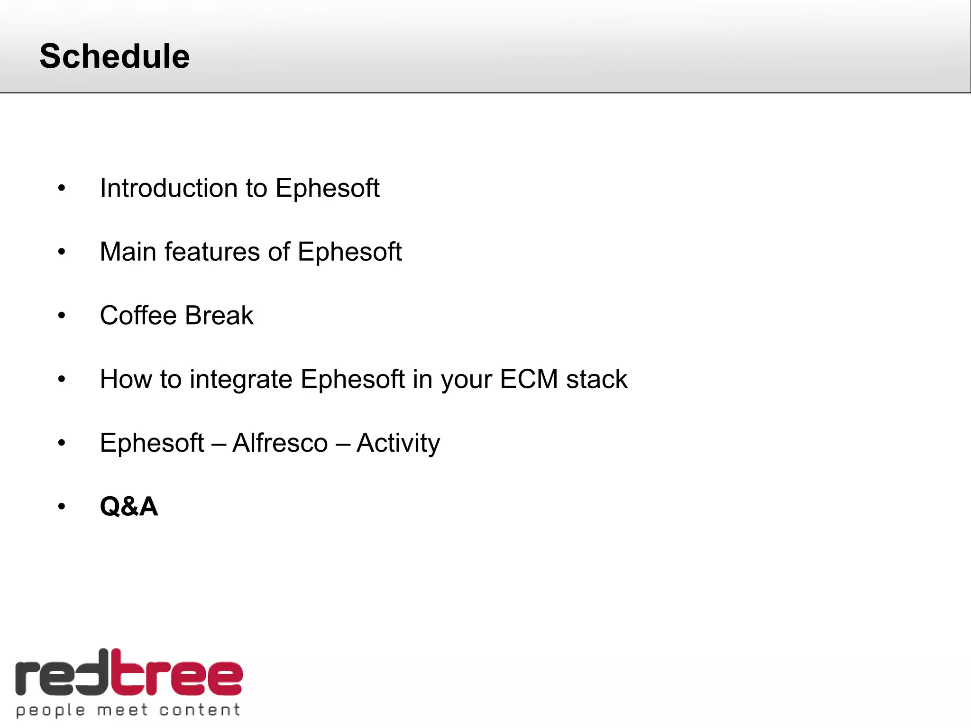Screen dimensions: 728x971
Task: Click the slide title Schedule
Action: pos(114,56)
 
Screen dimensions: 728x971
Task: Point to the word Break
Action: pos(219,316)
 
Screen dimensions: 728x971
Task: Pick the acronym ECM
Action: pos(529,379)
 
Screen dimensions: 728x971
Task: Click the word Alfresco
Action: pos(280,443)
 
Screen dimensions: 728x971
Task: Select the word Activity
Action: pos(398,443)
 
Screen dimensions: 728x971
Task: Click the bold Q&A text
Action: pos(128,507)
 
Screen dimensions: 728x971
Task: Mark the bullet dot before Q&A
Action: pos(62,507)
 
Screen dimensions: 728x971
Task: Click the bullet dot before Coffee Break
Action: pos(62,316)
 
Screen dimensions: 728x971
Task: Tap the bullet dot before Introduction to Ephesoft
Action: pos(62,189)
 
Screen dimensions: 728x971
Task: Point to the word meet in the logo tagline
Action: pos(122,710)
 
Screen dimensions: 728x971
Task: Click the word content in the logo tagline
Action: pos(199,710)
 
